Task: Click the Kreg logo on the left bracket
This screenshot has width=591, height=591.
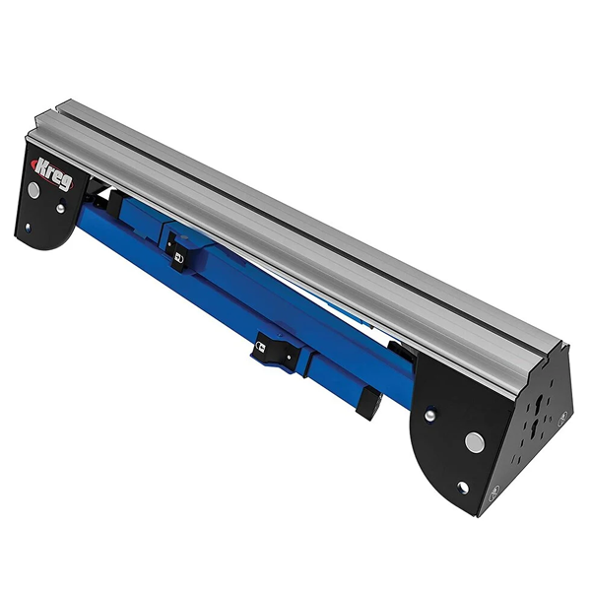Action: tap(52, 173)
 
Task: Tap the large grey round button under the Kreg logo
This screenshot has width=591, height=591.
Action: tap(33, 189)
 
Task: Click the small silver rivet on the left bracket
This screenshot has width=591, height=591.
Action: tap(60, 208)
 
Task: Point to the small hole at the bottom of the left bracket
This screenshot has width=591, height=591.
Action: tap(28, 227)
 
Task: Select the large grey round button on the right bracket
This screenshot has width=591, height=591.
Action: tap(474, 441)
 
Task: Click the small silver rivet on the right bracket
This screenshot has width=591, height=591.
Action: tap(428, 416)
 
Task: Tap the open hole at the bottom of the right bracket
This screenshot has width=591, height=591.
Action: tap(463, 488)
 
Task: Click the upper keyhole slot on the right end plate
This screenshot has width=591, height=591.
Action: tap(538, 405)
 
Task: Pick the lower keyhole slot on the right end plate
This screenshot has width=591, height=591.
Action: tap(535, 429)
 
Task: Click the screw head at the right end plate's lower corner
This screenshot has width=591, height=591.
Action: tap(494, 492)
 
